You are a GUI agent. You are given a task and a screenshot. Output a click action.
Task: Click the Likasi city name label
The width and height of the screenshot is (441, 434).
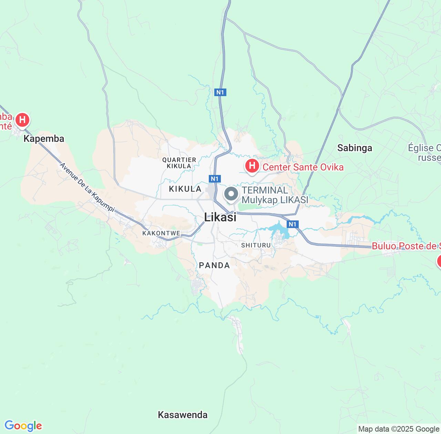[220, 217]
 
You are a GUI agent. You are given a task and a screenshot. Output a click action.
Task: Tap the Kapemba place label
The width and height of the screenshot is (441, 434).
[44, 138]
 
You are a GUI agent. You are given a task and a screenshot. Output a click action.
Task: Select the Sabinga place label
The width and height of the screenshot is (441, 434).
[355, 148]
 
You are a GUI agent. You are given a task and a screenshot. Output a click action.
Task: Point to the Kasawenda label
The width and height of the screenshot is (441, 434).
[183, 415]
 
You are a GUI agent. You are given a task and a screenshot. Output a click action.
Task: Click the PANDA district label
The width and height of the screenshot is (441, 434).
[214, 265]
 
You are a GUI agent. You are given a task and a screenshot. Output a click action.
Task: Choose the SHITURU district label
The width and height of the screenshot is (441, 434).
[256, 245]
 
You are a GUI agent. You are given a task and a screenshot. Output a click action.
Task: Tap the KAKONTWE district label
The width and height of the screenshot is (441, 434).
[161, 233]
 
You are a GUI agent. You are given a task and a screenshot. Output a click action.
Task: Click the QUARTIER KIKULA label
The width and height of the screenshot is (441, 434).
[179, 163]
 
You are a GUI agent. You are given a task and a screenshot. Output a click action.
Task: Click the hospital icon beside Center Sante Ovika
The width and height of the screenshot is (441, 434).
[252, 166]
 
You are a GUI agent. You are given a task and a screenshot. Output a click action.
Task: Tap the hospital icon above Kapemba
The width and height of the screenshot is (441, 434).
[22, 120]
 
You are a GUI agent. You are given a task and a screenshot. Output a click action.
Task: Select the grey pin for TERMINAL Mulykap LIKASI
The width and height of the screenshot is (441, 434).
[231, 194]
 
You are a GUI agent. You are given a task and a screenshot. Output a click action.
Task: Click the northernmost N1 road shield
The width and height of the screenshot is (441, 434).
[220, 92]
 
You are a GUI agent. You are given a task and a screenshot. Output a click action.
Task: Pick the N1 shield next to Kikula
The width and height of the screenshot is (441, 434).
[214, 178]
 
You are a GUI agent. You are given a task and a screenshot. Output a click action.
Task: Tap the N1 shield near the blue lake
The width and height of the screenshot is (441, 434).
[292, 225]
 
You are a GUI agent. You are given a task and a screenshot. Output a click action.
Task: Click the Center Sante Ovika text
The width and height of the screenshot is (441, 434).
[303, 167]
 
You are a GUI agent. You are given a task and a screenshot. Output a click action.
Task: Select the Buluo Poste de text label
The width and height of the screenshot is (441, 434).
[406, 246]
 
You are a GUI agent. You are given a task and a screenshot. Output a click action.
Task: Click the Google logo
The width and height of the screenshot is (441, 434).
[23, 426]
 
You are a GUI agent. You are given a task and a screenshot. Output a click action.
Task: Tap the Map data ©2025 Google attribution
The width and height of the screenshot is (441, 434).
[399, 429]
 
